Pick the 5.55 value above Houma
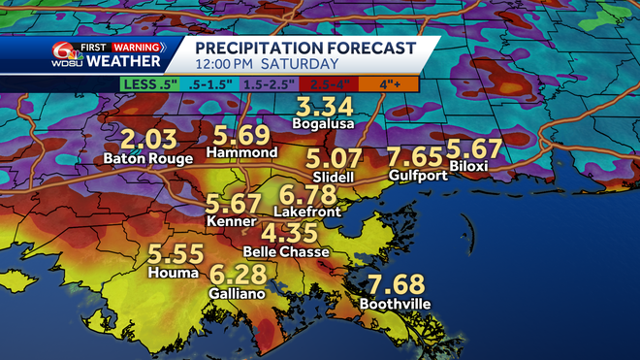pyautogui.click(x=175, y=255)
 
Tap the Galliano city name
pyautogui.click(x=238, y=292)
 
